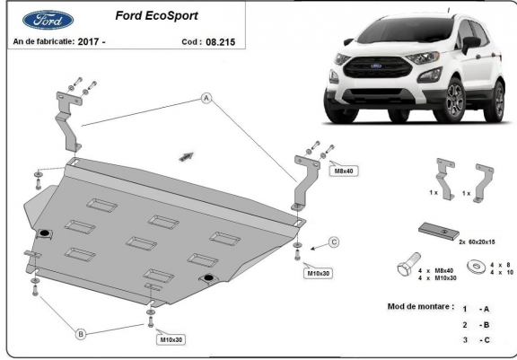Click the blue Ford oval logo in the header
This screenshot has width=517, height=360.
(x=48, y=20)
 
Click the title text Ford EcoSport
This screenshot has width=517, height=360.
(x=156, y=16)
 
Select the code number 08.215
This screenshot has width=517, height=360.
(x=220, y=42)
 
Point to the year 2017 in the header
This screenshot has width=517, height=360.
(x=88, y=41)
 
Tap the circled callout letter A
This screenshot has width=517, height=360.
(x=206, y=98)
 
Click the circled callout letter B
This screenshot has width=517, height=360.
(x=81, y=334)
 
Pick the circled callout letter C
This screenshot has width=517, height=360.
(x=334, y=242)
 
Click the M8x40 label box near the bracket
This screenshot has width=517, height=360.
(x=344, y=171)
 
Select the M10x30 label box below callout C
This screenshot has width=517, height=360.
(x=319, y=273)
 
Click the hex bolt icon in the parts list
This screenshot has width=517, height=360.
(x=408, y=264)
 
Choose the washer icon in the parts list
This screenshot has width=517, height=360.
(x=476, y=267)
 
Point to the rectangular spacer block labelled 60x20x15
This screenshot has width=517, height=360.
(x=439, y=231)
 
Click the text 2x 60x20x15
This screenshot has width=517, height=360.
(x=477, y=242)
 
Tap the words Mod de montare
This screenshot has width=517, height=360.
(x=420, y=307)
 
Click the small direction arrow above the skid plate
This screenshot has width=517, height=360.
(x=187, y=156)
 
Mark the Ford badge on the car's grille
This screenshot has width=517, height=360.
(x=375, y=66)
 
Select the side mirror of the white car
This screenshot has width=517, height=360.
(x=471, y=44)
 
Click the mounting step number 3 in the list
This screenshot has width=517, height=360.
(x=465, y=339)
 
